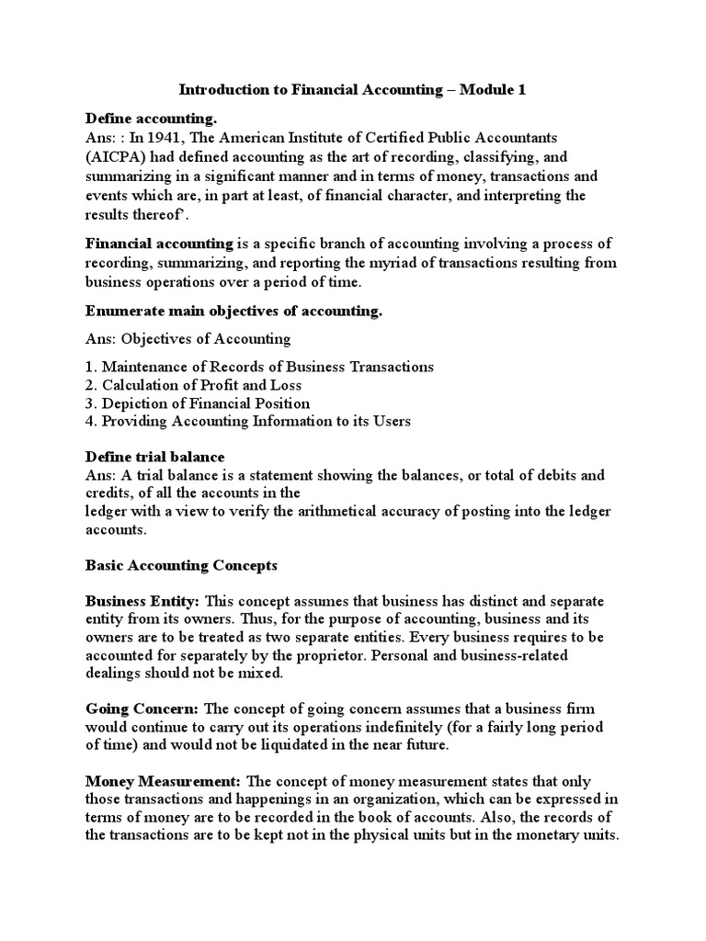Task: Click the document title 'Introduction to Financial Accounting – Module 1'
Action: point(353,90)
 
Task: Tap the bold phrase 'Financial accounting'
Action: point(159,244)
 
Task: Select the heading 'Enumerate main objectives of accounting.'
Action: point(233,311)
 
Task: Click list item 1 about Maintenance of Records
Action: point(259,367)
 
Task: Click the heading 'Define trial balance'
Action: point(155,457)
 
